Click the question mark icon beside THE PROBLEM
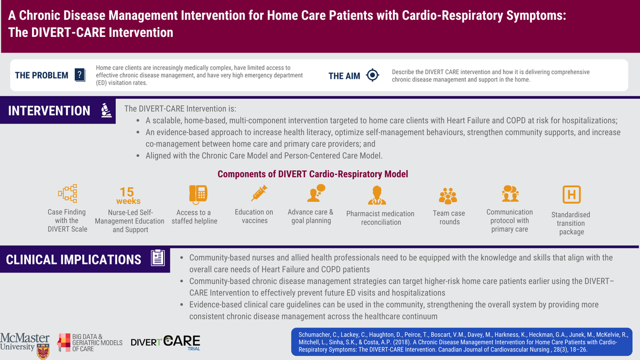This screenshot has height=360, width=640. click(79, 75)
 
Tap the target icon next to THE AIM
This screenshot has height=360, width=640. click(372, 75)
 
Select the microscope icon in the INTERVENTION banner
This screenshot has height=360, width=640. click(106, 110)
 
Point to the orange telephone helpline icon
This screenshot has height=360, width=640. click(198, 194)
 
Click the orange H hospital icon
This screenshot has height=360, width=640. click(571, 194)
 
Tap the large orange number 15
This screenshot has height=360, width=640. click(127, 192)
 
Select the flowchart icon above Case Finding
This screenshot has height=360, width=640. click(67, 194)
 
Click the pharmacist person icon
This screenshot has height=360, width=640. click(377, 195)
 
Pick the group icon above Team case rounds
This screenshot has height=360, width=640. click(448, 196)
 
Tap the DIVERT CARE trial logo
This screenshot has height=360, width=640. click(166, 341)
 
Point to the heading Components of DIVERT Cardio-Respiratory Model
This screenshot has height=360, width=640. click(313, 174)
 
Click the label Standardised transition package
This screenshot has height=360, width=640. click(571, 223)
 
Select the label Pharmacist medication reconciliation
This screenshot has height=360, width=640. click(380, 218)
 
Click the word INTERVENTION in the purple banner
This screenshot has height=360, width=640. click(49, 111)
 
